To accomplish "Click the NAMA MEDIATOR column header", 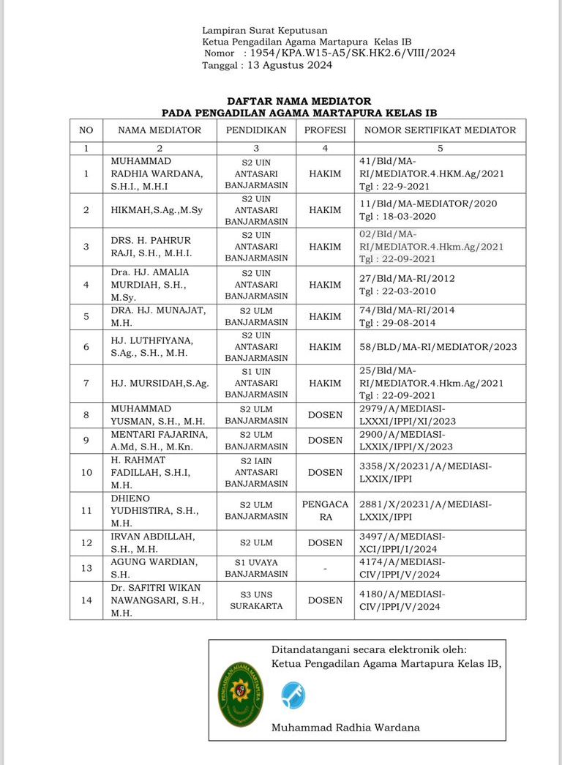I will [160, 130].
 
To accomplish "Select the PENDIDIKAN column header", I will [256, 130].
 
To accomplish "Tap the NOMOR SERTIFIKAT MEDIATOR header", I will [440, 130].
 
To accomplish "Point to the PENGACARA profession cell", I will [325, 510].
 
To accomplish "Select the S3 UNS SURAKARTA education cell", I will [256, 600].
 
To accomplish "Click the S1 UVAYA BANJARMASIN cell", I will [256, 567].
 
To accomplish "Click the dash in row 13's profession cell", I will [325, 568].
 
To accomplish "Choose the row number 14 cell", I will [86, 600].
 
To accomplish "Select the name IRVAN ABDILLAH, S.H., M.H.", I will [153, 542].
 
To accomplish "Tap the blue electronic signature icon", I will [293, 695].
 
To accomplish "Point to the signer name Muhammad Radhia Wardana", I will [345, 727].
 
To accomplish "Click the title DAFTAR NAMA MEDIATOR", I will [299, 101].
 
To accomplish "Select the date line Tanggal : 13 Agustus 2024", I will [267, 65].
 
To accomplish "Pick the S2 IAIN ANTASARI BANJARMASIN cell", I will [256, 472].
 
